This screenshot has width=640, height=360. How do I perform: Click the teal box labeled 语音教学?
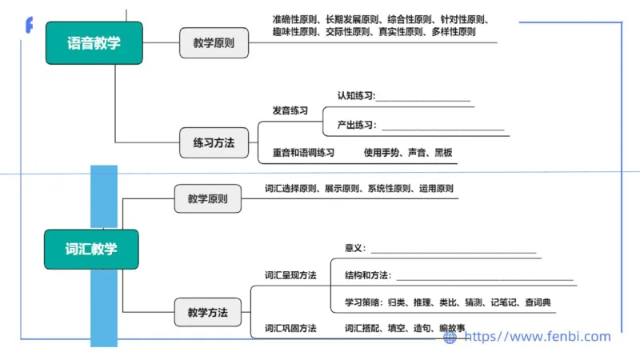pos(94,43)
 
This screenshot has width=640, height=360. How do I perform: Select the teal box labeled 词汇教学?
pos(90,250)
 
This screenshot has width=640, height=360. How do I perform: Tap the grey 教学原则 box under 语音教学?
pos(214,43)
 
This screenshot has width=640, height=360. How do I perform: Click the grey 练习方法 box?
pos(214,143)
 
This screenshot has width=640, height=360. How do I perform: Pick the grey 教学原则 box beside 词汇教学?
pos(207,198)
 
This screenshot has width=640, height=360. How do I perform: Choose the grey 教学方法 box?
pos(207,312)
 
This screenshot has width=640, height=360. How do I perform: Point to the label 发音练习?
pos(290,110)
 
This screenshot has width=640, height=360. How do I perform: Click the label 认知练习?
pos(356,96)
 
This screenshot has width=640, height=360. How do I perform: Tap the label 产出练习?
pos(356,125)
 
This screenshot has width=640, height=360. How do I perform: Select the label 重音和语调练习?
pos(302,152)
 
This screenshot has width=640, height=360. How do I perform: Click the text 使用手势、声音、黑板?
pos(408,152)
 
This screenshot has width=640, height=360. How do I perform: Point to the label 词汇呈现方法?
pos(290,275)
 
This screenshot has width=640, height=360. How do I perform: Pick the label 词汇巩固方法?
pos(290,328)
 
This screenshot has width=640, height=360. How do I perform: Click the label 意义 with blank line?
pos(354,248)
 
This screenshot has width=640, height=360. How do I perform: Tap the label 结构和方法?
pos(367,275)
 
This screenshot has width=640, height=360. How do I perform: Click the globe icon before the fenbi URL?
pos(450,338)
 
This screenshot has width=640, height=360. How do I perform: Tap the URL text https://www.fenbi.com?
pos(538,337)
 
